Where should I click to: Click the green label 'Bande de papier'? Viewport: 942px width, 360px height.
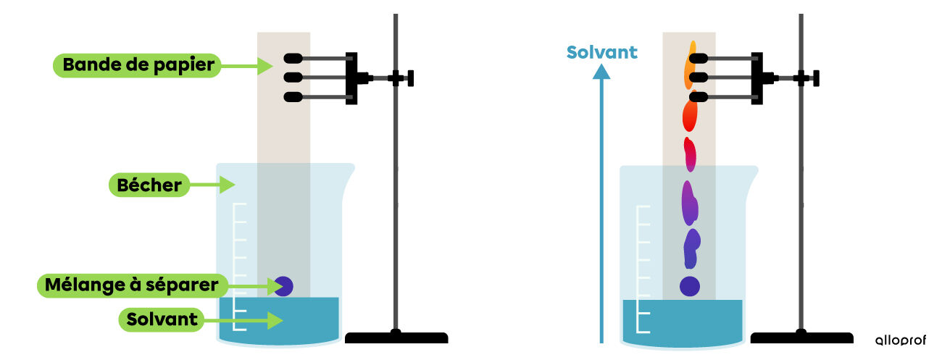(x=137, y=65)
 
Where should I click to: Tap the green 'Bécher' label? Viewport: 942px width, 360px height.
(x=149, y=185)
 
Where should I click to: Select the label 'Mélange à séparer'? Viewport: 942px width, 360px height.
(x=132, y=285)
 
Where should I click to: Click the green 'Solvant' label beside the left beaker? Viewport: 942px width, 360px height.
(x=162, y=319)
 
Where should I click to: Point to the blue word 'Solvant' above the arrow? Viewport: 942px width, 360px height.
(x=601, y=52)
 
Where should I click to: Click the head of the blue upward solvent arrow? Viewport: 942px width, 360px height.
(x=601, y=72)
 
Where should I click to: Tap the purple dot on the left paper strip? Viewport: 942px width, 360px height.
(x=284, y=286)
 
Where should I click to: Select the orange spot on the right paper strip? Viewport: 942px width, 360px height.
(x=690, y=65)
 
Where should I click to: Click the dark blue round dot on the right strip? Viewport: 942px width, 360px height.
(x=690, y=286)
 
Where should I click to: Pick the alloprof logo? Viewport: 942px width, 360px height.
(x=901, y=340)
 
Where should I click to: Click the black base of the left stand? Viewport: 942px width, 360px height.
(x=396, y=338)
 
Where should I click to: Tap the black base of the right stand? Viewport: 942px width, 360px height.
(x=801, y=338)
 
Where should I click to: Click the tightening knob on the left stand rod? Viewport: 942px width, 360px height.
(x=410, y=78)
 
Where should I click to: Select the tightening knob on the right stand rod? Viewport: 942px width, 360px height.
(x=816, y=78)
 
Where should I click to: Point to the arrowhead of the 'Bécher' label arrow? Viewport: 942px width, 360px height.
(x=227, y=185)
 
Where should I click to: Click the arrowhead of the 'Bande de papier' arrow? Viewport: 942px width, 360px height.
(x=265, y=66)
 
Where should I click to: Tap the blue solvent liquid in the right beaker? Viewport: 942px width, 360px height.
(x=682, y=322)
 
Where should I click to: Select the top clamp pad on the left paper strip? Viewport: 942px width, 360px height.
(x=293, y=59)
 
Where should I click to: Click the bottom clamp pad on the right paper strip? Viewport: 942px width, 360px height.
(x=699, y=97)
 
